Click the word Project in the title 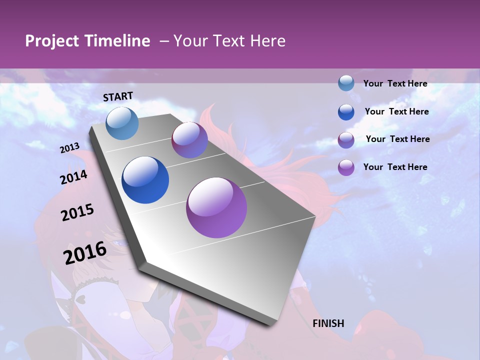pyautogui.click(x=51, y=41)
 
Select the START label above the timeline pyautogui.click(x=118, y=96)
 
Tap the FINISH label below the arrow pyautogui.click(x=328, y=323)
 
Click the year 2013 pyautogui.click(x=70, y=148)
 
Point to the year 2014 pyautogui.click(x=74, y=177)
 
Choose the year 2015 pyautogui.click(x=77, y=213)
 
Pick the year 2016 pyautogui.click(x=85, y=252)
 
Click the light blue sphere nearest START pyautogui.click(x=122, y=123)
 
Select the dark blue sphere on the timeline pyautogui.click(x=145, y=180)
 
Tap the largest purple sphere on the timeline pyautogui.click(x=216, y=207)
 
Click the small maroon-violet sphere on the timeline pyautogui.click(x=189, y=140)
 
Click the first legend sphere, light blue pyautogui.click(x=346, y=83)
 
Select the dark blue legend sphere pyautogui.click(x=346, y=112)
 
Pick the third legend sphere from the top pyautogui.click(x=346, y=140)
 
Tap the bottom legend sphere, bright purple pyautogui.click(x=346, y=167)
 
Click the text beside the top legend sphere pyautogui.click(x=395, y=83)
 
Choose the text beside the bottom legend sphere pyautogui.click(x=395, y=167)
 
